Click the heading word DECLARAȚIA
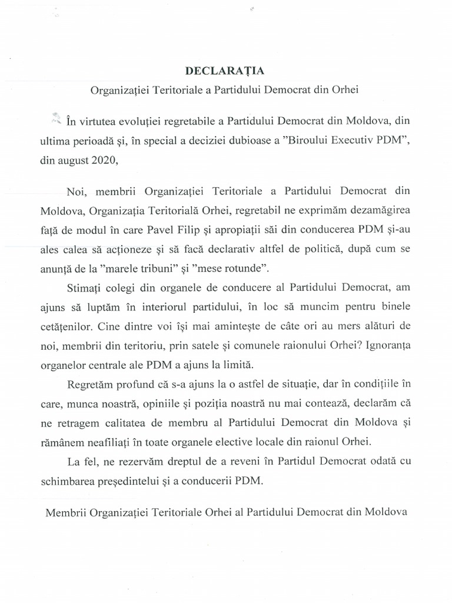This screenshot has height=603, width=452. coord(225,71)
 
